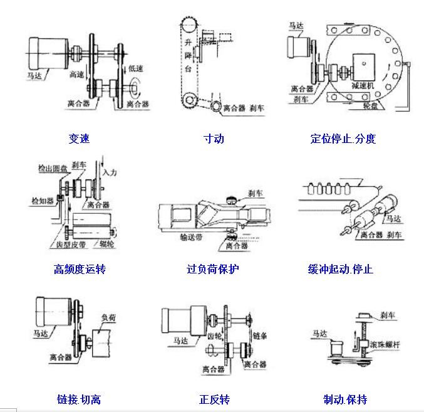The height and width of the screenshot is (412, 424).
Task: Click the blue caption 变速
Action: coord(79,139)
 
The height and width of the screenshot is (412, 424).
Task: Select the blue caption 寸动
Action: coord(214,139)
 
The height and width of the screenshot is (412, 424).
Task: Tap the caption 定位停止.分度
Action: coord(343,139)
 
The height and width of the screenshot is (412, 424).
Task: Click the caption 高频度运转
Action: coord(80,269)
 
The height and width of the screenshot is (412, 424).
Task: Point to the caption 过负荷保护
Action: coord(213,269)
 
